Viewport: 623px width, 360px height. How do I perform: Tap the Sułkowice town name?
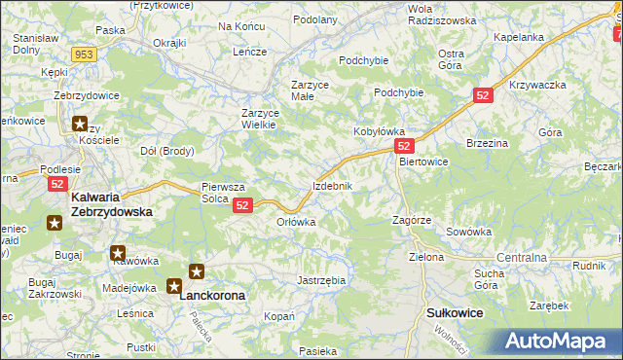point(456,313)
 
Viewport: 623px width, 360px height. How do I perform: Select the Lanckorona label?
point(212,293)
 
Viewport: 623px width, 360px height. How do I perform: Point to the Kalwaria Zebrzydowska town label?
point(112,203)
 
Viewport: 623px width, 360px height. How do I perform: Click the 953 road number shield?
point(84,54)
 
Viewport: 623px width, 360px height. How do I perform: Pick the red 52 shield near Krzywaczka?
point(485,95)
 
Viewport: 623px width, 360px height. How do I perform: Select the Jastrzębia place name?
point(321,280)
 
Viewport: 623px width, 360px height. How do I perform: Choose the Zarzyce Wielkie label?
point(261,119)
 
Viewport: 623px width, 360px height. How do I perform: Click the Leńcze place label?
point(249,52)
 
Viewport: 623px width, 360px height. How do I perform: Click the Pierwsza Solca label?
point(222,192)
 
